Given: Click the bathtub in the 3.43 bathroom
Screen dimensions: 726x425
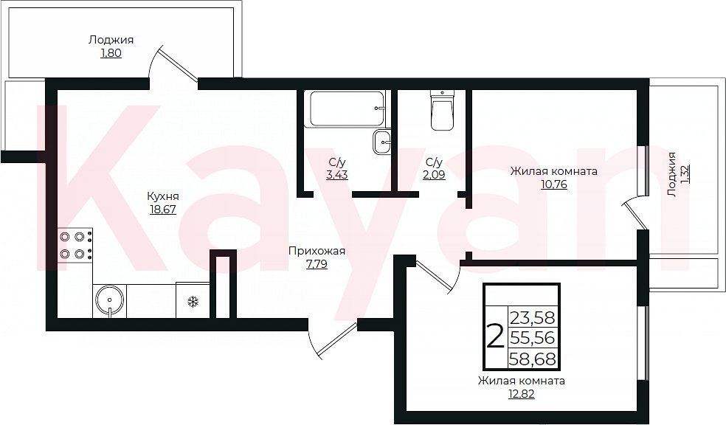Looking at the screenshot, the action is coord(348,108).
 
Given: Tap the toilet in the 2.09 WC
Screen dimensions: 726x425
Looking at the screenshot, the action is coord(443,110).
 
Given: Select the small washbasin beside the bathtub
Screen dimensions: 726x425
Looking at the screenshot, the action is coord(382,142).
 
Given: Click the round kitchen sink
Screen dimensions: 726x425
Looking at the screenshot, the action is coord(109,301).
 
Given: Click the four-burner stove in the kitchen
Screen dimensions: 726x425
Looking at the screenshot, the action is coord(75,246).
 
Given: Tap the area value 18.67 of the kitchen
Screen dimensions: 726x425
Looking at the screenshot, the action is coord(163,210).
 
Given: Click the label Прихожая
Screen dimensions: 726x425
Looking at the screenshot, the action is coord(317,252).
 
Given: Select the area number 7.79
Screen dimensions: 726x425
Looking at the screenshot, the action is coord(317,265).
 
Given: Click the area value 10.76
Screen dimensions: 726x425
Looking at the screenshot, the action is coord(554,184).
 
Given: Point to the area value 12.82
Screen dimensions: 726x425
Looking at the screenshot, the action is coord(522,394).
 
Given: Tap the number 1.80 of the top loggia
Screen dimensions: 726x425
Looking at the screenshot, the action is coord(111,53).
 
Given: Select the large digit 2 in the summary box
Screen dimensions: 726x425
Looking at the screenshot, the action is coord(495,336).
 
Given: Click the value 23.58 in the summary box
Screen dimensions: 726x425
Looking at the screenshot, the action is coord(533,318).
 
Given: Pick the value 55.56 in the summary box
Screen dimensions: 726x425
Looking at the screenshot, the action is coord(533,339).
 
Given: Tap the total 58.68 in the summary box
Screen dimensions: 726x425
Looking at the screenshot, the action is coord(533,359).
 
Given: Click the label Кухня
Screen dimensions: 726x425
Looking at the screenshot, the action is coord(163,196).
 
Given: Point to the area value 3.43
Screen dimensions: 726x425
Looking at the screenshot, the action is coord(337,175).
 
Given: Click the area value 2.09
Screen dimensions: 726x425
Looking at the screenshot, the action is coord(435,175).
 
